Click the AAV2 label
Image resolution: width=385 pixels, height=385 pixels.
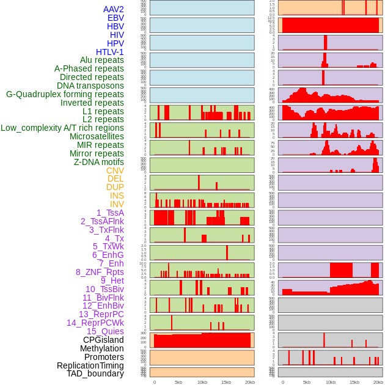114,9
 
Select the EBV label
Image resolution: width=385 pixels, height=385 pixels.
116,18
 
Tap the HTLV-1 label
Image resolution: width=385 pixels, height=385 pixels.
110,52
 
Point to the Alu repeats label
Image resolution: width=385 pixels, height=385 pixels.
102,61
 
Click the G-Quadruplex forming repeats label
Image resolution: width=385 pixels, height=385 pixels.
65,94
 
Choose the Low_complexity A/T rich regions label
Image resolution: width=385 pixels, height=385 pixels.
62,128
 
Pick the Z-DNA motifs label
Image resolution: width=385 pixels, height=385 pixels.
99,162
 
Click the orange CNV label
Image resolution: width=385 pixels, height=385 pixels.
115,170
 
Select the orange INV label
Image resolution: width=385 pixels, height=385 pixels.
117,204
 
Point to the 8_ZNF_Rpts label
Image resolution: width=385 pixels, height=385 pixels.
100,272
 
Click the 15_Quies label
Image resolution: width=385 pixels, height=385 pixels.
105,331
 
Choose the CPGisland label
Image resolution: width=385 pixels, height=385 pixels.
103,340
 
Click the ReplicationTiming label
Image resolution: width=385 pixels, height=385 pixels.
90,365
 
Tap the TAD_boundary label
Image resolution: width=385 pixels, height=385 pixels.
95,373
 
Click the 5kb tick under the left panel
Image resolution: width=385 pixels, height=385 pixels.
178,382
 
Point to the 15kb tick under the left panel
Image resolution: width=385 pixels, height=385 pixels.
226,382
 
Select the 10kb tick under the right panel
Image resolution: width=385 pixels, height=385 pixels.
331,382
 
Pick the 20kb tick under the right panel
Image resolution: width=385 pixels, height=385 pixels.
378,382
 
